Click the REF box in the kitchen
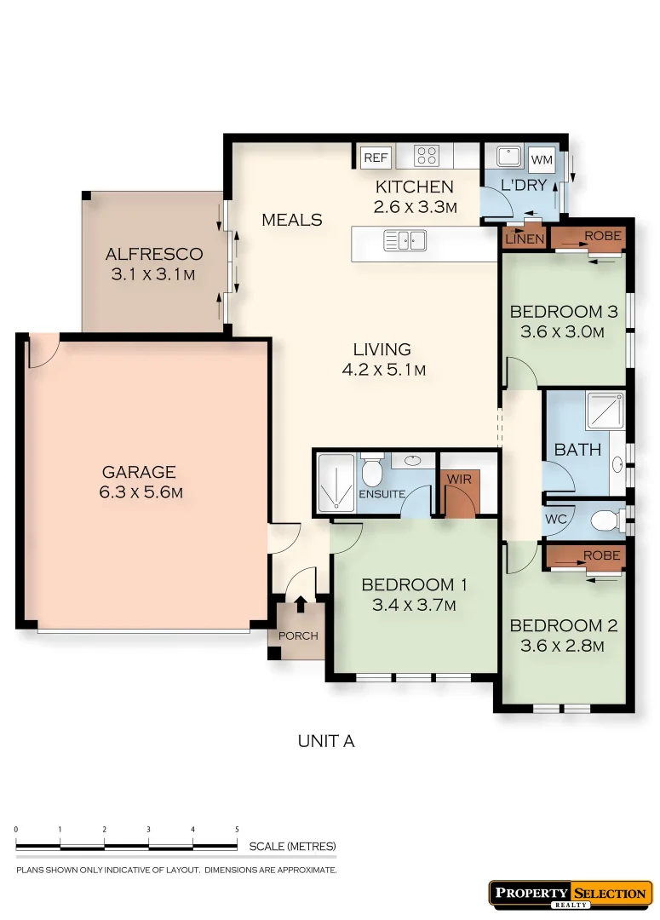click(376, 157)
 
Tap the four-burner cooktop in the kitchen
click(427, 156)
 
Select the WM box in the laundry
click(541, 158)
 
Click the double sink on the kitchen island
click(405, 241)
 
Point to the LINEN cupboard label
click(525, 239)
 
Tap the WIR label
click(459, 480)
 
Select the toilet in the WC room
click(606, 519)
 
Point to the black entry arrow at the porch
click(301, 604)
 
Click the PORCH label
click(298, 635)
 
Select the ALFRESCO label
click(154, 254)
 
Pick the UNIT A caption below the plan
click(325, 741)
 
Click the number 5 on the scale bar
click(237, 829)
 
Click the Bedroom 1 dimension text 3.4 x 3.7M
click(414, 606)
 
